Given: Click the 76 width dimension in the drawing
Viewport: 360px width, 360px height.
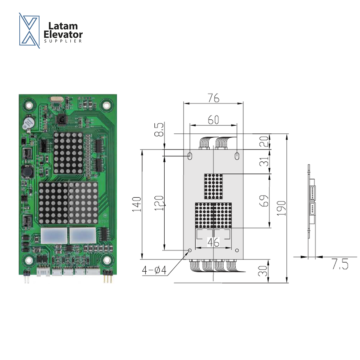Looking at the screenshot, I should pyautogui.click(x=213, y=98).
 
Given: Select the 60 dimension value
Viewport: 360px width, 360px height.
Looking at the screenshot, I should pyautogui.click(x=213, y=120).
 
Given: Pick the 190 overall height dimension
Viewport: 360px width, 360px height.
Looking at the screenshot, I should pyautogui.click(x=282, y=208).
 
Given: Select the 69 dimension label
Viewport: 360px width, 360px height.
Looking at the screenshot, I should pyautogui.click(x=264, y=201).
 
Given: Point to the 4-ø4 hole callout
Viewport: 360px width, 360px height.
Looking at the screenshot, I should pyautogui.click(x=154, y=270).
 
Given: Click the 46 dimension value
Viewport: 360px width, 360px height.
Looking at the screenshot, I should pyautogui.click(x=213, y=242).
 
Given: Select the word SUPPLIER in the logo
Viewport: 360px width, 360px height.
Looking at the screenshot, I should pyautogui.click(x=63, y=41).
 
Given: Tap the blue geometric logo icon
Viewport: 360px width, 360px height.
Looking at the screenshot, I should pyautogui.click(x=29, y=30).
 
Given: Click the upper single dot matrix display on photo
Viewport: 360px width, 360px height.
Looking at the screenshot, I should pyautogui.click(x=68, y=153).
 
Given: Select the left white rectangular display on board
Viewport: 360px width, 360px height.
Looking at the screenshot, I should pyautogui.click(x=54, y=236).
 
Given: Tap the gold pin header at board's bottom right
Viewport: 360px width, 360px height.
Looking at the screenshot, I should pyautogui.click(x=107, y=278).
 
